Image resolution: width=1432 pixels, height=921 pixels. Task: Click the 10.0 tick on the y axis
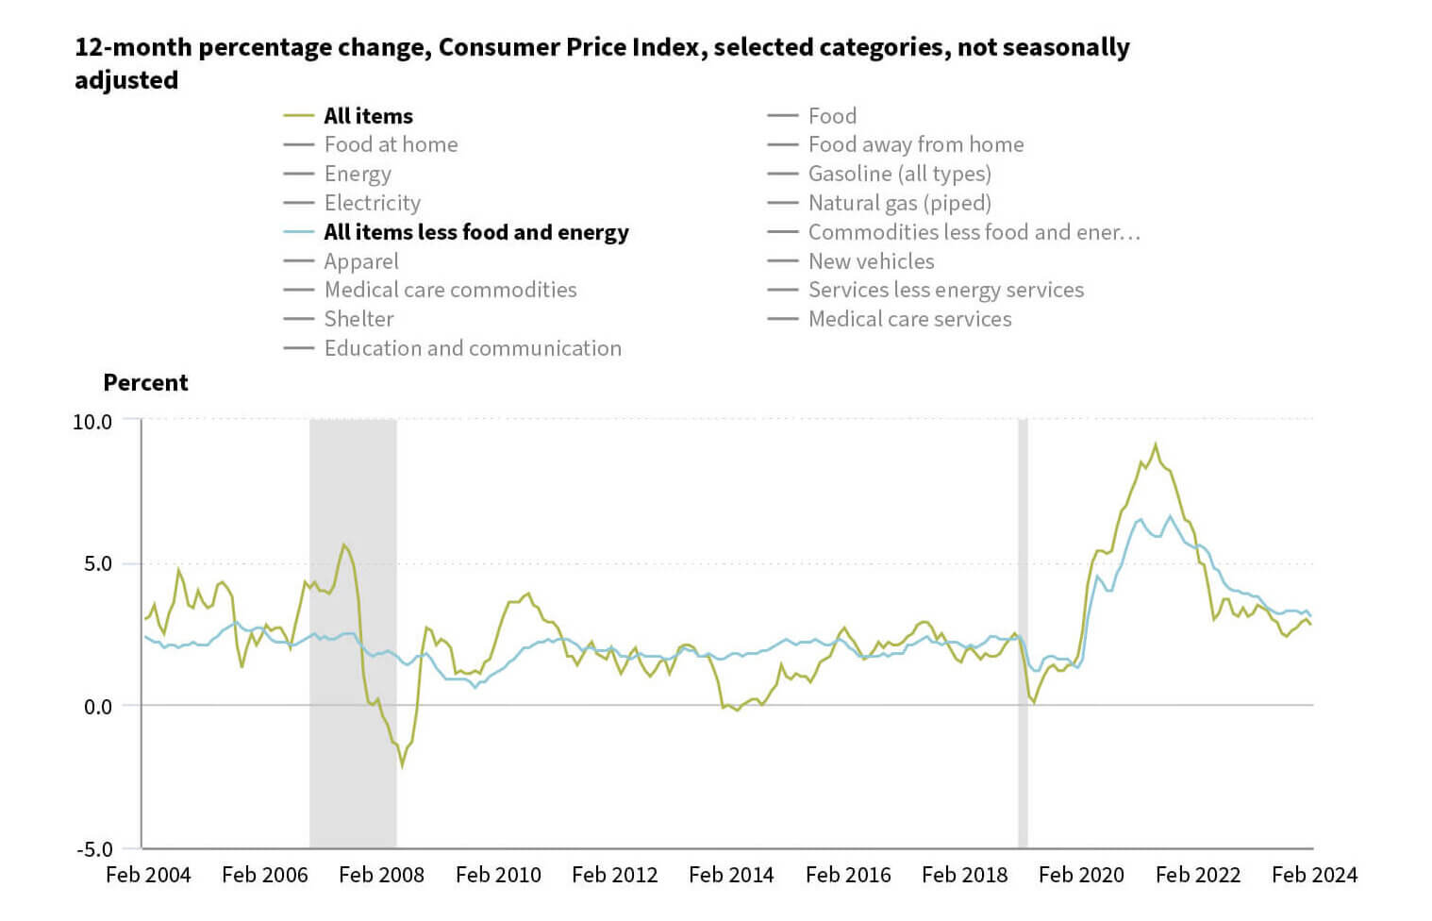tap(92, 422)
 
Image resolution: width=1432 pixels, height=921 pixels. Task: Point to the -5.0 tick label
tap(93, 849)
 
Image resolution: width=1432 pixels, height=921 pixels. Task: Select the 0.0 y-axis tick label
tap(97, 707)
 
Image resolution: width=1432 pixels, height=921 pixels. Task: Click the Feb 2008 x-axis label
tap(381, 875)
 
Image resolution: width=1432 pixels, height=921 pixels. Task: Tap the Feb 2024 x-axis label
tap(1314, 875)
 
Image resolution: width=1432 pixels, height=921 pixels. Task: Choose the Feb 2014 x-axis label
tap(731, 875)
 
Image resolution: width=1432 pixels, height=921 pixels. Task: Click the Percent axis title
tap(145, 382)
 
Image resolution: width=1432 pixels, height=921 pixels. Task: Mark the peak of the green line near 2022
tap(1156, 444)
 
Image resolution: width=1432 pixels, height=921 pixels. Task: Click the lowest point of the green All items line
tap(402, 765)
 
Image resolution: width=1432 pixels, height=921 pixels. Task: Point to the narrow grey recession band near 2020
tap(1023, 632)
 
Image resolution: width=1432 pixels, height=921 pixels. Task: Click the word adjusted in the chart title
tap(126, 80)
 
